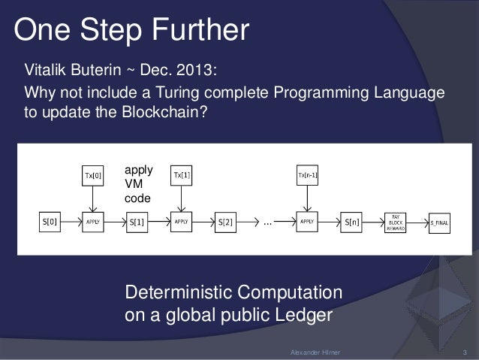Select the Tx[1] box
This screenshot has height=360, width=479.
(182, 176)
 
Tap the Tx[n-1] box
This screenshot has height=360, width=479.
(307, 176)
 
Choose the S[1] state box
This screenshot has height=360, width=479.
(137, 222)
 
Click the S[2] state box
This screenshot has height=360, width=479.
(226, 222)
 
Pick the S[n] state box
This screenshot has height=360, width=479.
(351, 222)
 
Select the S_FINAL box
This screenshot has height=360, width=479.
(438, 222)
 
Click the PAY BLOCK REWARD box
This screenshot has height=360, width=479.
(394, 222)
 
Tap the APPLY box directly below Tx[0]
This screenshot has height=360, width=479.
(93, 222)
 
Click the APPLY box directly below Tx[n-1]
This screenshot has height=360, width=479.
(307, 222)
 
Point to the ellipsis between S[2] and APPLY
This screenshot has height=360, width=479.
(267, 222)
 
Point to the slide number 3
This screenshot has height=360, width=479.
(465, 352)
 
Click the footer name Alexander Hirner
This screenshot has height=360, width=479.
(315, 352)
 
